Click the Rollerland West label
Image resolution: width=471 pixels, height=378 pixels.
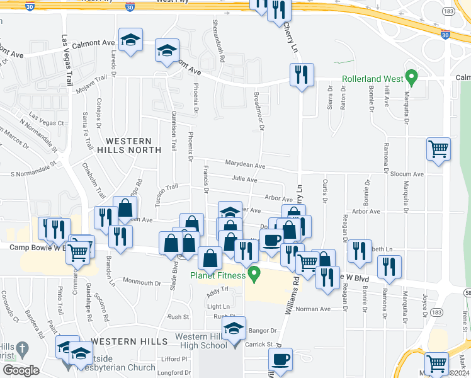pos(372,79)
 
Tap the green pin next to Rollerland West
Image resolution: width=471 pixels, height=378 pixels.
pos(412,78)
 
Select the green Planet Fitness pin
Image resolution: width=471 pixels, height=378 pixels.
pos(254,274)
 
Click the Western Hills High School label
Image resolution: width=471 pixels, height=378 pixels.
pos(192,344)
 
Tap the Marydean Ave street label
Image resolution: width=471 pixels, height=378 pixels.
pos(245,165)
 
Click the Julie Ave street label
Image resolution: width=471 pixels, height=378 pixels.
pos(244,180)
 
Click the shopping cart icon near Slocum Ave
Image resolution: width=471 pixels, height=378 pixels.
pos(438,150)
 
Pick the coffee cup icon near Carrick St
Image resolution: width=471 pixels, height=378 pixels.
pos(280,360)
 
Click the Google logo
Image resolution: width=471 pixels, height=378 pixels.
pos(21,370)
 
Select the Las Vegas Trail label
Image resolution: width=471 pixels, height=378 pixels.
pos(67,60)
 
